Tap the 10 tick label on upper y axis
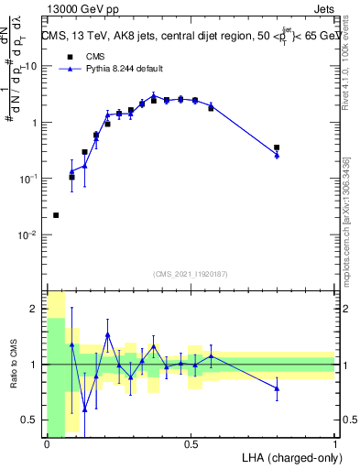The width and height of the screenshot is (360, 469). point(31,66)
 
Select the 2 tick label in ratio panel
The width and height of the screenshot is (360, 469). point(35,309)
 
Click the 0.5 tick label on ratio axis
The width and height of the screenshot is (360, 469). point(29,420)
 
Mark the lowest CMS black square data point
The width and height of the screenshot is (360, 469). point(56,215)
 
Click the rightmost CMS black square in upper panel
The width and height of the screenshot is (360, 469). point(277,147)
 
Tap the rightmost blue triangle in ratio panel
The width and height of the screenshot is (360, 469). point(277,388)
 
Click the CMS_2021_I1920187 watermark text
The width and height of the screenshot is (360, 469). point(191,274)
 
